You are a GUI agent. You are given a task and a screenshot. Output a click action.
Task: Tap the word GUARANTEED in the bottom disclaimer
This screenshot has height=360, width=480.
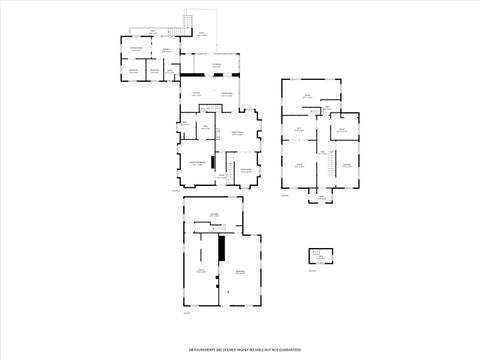[x=289, y=350]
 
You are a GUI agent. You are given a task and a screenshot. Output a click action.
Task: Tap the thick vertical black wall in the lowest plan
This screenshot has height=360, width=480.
[x=222, y=247]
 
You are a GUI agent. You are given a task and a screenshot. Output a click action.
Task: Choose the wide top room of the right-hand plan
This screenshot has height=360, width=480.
[x=310, y=96]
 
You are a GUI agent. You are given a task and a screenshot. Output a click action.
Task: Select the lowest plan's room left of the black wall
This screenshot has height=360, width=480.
[x=201, y=270]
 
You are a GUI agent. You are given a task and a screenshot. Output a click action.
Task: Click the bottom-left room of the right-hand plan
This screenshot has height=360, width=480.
[x=298, y=165]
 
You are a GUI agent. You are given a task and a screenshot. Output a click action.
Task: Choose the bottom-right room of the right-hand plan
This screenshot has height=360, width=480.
[x=346, y=165]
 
